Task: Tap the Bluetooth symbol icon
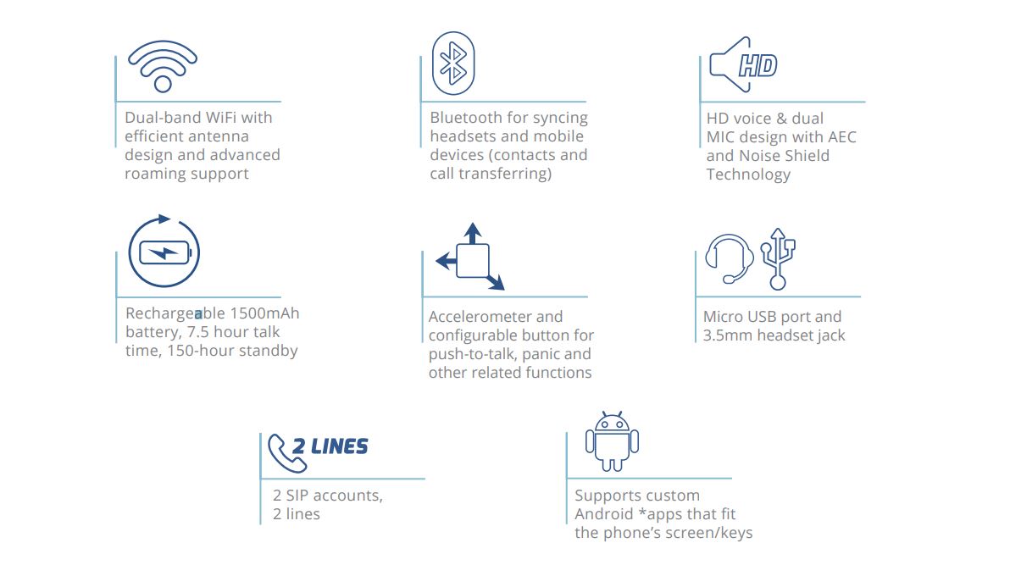point(453,64)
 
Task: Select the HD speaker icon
point(743,64)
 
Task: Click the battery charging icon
point(164,252)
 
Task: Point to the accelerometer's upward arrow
point(473,233)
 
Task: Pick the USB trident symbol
point(778,259)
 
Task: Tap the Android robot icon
point(612,442)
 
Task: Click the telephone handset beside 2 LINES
point(286,453)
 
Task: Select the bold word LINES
point(340,446)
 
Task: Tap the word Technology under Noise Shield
point(748,175)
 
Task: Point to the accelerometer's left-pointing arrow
point(447,261)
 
